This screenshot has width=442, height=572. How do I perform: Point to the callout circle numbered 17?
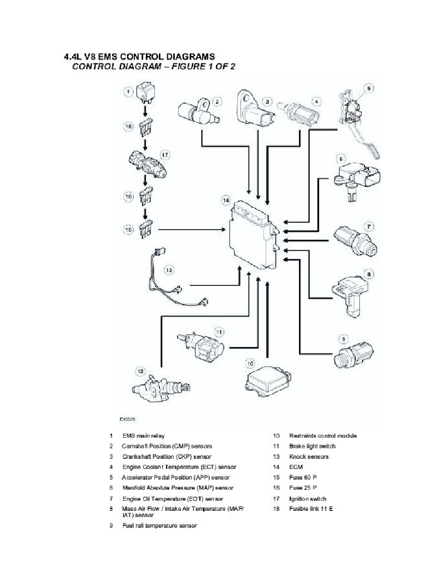coord(165,155)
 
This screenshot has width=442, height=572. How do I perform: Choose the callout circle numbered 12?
coord(140,371)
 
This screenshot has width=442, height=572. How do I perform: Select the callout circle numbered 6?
coord(340,158)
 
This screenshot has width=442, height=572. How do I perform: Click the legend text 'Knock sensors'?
coord(309,456)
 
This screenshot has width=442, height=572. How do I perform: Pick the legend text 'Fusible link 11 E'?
coord(311,508)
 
